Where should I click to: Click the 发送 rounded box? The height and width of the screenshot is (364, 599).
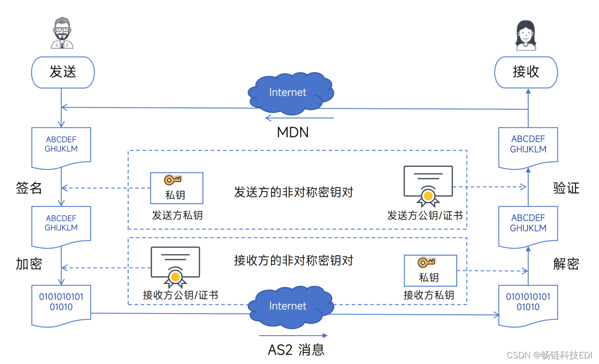62,72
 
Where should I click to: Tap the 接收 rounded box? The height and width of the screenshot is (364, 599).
526,72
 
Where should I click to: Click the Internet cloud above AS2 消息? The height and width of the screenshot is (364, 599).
288,306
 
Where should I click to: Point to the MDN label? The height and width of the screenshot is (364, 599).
293,132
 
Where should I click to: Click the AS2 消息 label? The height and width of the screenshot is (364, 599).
296,350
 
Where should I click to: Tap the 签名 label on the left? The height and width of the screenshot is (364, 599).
29,188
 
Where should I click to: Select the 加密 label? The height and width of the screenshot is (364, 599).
29,264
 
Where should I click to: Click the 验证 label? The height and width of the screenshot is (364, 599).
566,188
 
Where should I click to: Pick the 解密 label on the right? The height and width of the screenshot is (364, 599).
566,264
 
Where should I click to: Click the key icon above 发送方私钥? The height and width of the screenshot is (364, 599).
173,180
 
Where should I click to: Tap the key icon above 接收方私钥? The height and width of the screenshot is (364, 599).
426,262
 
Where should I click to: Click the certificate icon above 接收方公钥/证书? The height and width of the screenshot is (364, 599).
175,266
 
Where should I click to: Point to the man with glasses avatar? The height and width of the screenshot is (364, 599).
62,33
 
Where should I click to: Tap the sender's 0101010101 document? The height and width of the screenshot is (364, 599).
61,304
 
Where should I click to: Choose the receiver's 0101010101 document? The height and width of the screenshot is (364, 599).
528,304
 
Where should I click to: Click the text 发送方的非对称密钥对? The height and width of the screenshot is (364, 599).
294,192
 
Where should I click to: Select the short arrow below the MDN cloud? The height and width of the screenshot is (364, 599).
299,118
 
